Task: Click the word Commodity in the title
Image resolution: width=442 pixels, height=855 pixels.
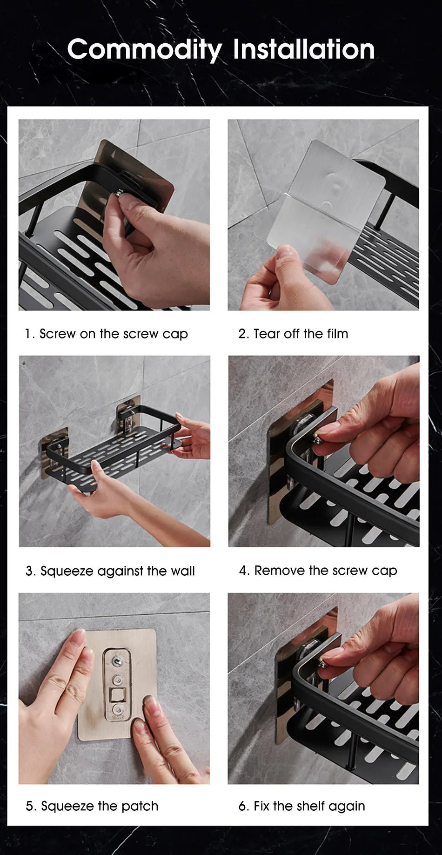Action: pos(144,50)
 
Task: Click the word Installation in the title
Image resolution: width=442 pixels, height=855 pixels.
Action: pos(303,50)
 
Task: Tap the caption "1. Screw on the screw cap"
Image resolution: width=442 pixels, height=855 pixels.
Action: pos(107,334)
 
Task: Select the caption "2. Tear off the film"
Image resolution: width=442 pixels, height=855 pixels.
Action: pos(293,334)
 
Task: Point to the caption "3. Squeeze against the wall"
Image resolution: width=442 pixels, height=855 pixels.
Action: pos(110,571)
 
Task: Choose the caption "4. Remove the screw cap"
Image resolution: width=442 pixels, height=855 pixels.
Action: pos(318,571)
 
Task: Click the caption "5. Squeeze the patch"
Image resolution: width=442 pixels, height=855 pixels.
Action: pos(92,806)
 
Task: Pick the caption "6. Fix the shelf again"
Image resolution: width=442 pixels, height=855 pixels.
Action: pos(302,806)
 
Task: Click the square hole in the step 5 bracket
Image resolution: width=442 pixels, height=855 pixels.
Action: pos(114,696)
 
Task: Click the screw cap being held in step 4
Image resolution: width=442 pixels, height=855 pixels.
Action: pos(318,439)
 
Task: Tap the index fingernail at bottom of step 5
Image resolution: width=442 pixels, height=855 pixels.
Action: pos(149,702)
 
